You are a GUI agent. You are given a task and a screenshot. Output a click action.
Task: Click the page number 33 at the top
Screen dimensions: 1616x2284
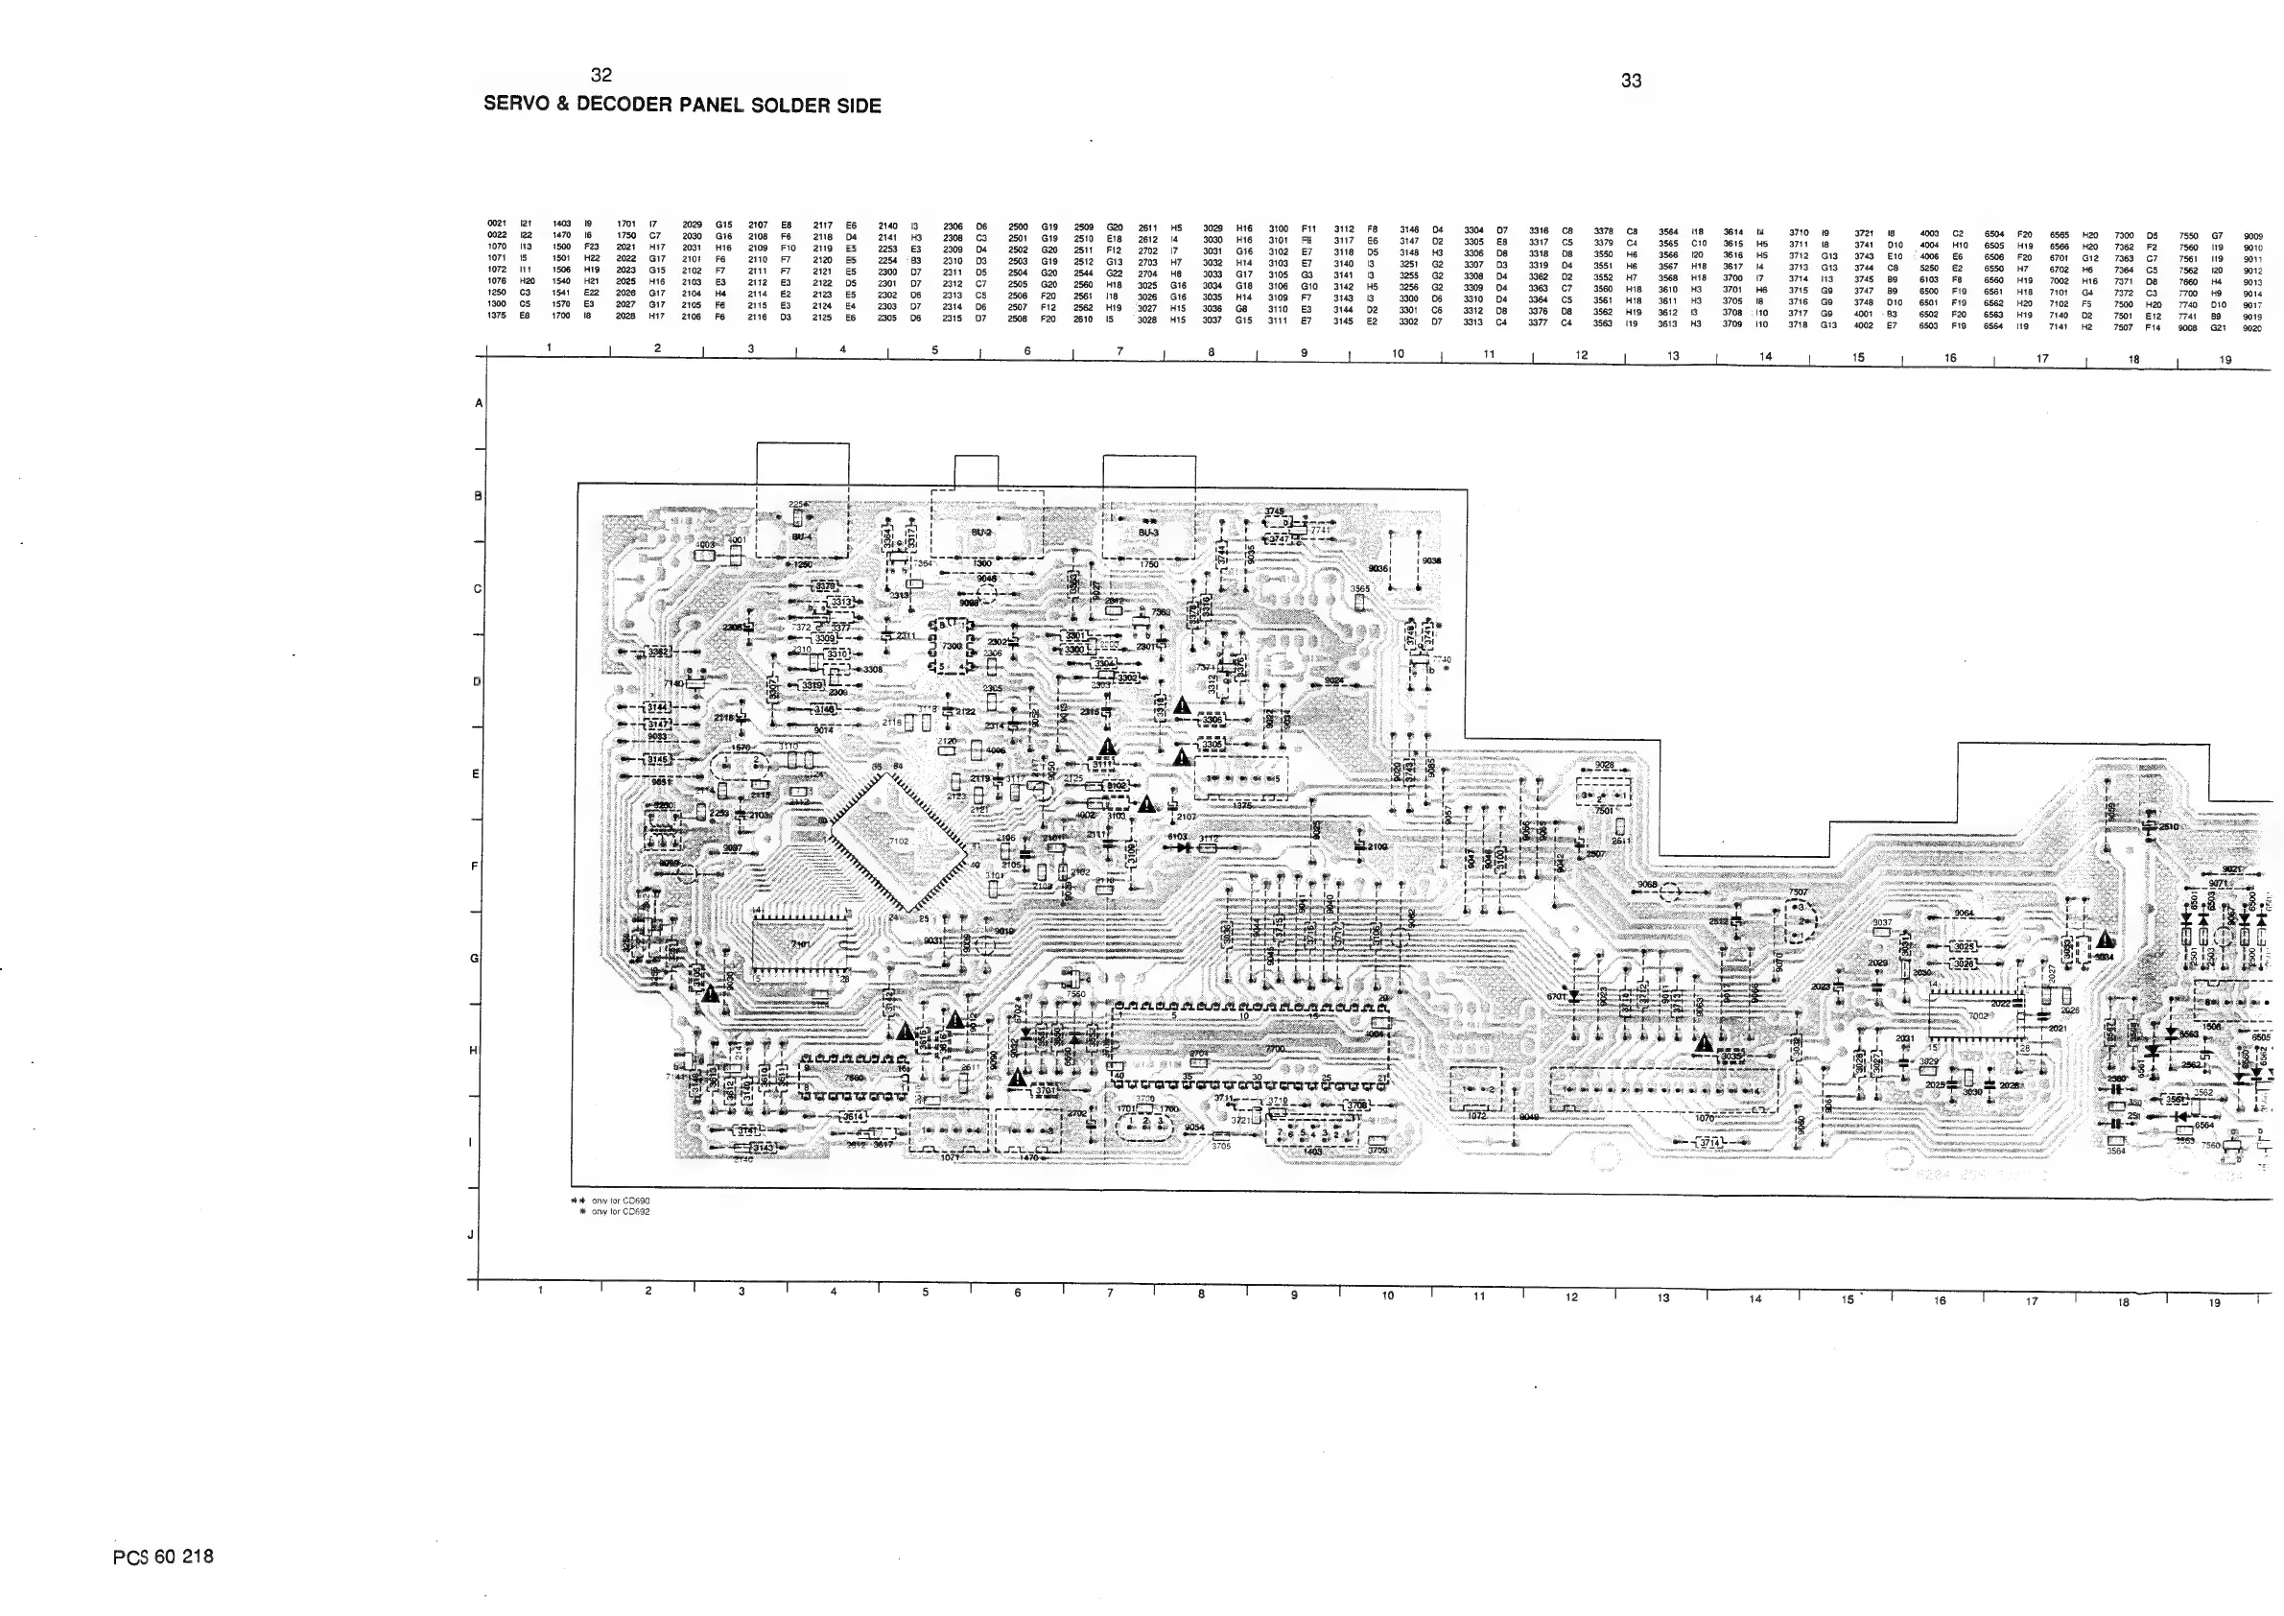[1631, 82]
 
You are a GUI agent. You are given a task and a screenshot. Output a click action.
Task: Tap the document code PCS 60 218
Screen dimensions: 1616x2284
[163, 1557]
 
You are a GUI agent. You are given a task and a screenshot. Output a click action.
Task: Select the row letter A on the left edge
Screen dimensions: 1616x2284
[479, 403]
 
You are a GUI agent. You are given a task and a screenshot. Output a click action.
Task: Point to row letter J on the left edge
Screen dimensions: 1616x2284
[471, 1235]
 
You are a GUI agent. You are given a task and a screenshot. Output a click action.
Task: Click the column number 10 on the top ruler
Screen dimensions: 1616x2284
[1397, 353]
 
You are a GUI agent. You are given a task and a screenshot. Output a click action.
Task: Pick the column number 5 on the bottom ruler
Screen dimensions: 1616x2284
[925, 1293]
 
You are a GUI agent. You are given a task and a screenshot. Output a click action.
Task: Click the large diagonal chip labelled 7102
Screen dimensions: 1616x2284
[898, 842]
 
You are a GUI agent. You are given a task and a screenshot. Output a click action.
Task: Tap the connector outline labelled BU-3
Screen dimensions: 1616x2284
[1148, 535]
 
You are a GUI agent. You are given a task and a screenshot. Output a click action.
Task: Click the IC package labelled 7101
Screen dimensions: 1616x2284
[801, 944]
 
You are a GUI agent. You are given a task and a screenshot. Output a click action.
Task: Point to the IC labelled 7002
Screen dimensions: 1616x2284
[1978, 1016]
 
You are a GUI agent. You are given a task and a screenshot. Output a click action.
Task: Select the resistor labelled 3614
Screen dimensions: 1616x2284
[854, 1117]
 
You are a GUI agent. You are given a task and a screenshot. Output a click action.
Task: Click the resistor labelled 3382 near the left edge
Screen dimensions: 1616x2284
[660, 652]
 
